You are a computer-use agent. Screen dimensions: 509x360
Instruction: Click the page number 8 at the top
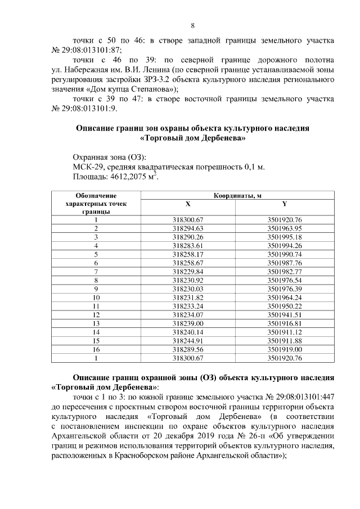click(193, 25)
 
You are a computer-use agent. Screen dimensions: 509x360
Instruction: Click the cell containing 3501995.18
click(285, 237)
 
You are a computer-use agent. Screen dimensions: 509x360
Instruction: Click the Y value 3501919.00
click(285, 349)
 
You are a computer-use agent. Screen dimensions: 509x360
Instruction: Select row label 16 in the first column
click(96, 349)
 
